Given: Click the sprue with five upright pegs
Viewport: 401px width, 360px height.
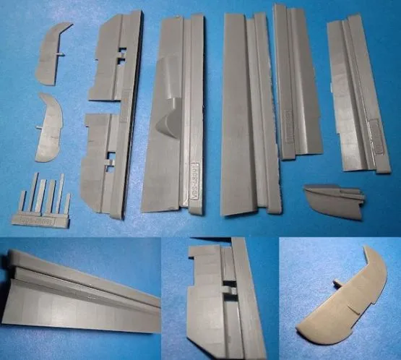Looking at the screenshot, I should point(45,200).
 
